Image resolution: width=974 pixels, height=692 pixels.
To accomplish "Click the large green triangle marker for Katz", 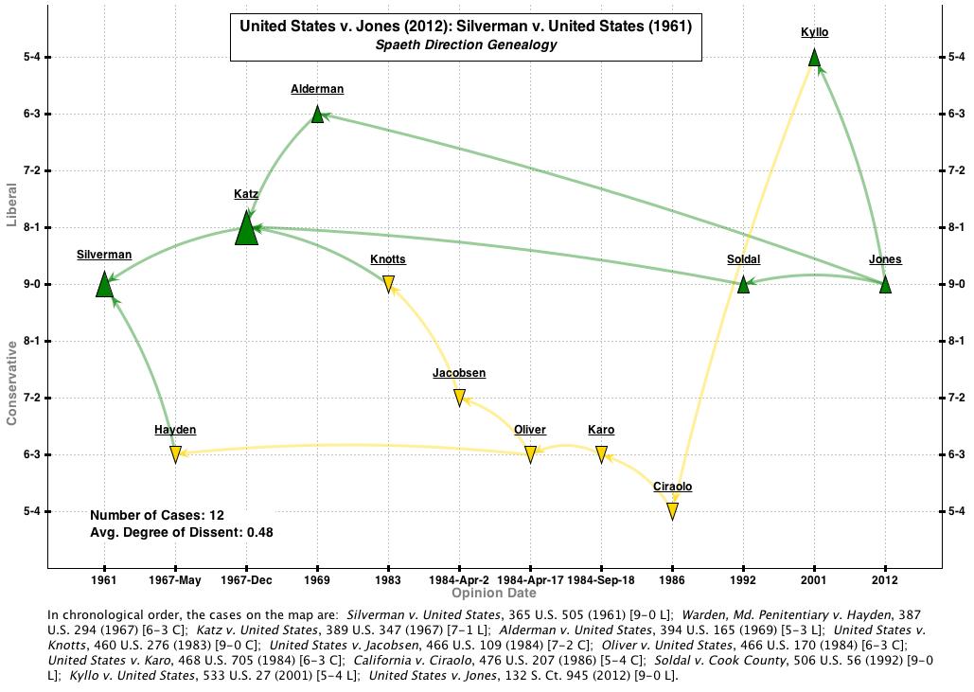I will pos(246,230).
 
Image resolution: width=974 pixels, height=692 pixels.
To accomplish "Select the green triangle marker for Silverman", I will pos(104,285).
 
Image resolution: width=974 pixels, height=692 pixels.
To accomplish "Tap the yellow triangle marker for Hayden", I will pos(175,454).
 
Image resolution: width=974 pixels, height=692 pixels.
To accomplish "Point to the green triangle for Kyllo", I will pos(814,59).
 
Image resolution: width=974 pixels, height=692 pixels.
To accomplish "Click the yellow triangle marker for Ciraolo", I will pos(672,511).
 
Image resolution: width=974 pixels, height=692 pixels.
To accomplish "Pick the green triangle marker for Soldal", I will pos(743,284).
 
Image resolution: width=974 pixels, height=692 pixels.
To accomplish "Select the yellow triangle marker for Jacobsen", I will pos(459,398).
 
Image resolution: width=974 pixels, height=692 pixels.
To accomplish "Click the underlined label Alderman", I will pos(317,89).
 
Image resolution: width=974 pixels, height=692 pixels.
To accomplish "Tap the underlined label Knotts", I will pos(388,259).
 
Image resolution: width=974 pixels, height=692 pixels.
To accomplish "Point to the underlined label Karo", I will pos(601,430).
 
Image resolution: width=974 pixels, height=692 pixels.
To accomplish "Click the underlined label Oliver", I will pos(530,430).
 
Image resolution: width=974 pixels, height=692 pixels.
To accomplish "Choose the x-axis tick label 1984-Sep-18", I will pos(601,579).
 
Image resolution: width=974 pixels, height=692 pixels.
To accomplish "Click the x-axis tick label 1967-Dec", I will pos(246,579).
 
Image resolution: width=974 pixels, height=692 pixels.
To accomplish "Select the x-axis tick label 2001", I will pos(814,579).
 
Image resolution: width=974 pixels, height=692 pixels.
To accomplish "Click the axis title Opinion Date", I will pos(494,594).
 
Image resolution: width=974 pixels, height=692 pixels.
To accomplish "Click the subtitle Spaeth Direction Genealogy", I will pos(466,44).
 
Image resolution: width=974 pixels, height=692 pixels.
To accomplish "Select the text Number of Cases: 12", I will pos(157,516).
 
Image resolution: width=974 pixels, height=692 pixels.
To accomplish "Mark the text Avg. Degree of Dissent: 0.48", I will pos(182,532).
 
